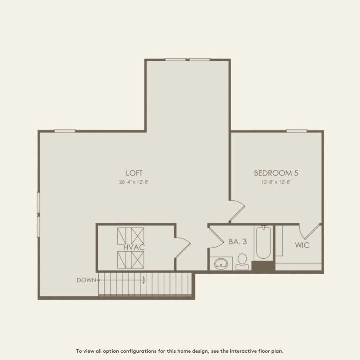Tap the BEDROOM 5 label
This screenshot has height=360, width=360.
point(276,173)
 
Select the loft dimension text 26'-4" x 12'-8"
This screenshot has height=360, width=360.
point(134,182)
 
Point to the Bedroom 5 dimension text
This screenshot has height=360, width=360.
point(276,182)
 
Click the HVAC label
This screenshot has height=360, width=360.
point(134,247)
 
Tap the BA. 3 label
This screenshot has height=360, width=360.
point(238,242)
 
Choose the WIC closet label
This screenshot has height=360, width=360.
point(302,245)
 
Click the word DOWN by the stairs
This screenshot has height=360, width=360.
point(86,280)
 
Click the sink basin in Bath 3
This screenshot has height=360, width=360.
point(222,263)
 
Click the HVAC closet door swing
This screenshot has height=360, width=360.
point(182,247)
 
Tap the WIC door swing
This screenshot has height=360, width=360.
point(312,231)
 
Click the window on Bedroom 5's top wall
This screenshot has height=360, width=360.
point(296,131)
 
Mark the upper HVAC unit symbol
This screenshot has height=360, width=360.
point(131,235)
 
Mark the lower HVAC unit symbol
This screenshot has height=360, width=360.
point(131,260)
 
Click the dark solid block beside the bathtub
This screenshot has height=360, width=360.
point(263,266)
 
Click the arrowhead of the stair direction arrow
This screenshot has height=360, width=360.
point(144,280)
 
